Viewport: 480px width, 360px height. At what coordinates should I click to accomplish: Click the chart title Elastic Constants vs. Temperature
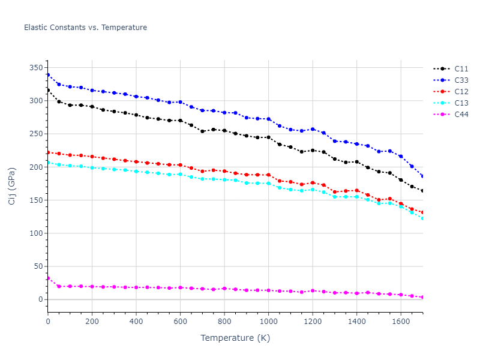coord(85,28)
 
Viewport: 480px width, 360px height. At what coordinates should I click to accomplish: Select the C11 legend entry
coord(461,69)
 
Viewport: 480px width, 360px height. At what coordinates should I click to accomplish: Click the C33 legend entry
coord(461,80)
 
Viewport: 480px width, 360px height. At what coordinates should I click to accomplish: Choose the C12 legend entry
coord(461,92)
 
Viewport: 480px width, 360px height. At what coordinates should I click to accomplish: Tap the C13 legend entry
coord(461,103)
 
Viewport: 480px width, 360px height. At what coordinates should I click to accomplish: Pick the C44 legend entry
coord(461,115)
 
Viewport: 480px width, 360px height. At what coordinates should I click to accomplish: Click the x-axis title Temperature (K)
coord(235,338)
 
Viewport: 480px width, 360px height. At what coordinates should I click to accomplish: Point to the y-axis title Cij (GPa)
coord(12,186)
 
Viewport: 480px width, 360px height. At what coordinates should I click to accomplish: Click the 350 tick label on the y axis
coord(37,68)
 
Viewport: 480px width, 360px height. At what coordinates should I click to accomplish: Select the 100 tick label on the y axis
coord(37,233)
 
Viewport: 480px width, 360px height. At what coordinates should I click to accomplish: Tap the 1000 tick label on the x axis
coord(268,322)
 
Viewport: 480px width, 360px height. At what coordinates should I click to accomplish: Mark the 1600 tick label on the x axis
coord(401,322)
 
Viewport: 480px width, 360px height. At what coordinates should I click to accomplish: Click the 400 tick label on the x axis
coord(136,322)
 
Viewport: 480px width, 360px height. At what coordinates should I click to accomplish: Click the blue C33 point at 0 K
coord(48,75)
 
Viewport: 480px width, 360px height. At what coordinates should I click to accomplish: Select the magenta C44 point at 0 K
coord(48,278)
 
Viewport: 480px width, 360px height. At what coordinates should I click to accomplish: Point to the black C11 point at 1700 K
coord(422,191)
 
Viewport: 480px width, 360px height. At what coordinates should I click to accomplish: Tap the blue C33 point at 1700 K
coord(422,176)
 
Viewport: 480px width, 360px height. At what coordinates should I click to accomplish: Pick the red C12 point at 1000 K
coord(268,175)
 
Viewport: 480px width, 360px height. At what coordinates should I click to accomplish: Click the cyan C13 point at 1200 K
coord(313,190)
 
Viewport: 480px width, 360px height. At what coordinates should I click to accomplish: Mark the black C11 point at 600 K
coord(180,121)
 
